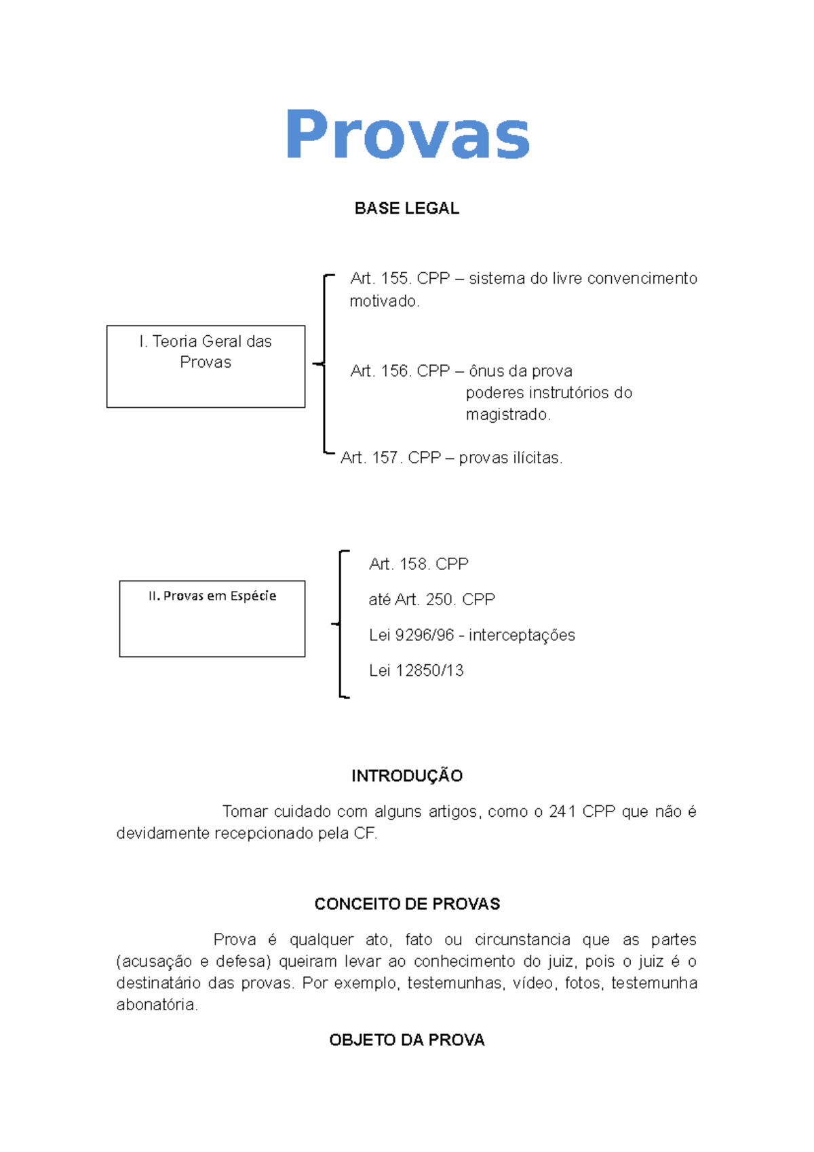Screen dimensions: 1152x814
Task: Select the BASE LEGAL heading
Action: pyautogui.click(x=407, y=208)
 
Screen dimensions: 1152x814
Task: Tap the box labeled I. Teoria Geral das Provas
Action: pyautogui.click(x=206, y=366)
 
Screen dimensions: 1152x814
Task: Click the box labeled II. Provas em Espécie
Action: pyautogui.click(x=212, y=618)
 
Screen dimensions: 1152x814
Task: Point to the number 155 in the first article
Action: pyautogui.click(x=395, y=279)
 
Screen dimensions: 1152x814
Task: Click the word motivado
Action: pyautogui.click(x=384, y=301)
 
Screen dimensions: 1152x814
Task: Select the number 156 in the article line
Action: pyautogui.click(x=395, y=371)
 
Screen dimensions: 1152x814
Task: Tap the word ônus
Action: pyautogui.click(x=486, y=371)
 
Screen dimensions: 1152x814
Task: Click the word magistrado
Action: pyautogui.click(x=507, y=415)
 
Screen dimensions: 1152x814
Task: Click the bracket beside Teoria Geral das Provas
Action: pyautogui.click(x=324, y=364)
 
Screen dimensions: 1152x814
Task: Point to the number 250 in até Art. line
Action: pyautogui.click(x=440, y=600)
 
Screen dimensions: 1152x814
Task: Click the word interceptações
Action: pyautogui.click(x=522, y=635)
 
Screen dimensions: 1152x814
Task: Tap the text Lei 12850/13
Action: pyautogui.click(x=416, y=670)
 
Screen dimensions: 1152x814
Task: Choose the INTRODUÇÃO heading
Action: pyautogui.click(x=407, y=776)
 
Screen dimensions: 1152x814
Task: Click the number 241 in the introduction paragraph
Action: pyautogui.click(x=562, y=811)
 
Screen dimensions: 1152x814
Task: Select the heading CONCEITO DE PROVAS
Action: pyautogui.click(x=407, y=904)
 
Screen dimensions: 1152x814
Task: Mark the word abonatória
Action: pyautogui.click(x=157, y=1005)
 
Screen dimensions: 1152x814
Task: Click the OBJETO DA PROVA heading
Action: pyautogui.click(x=407, y=1040)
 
